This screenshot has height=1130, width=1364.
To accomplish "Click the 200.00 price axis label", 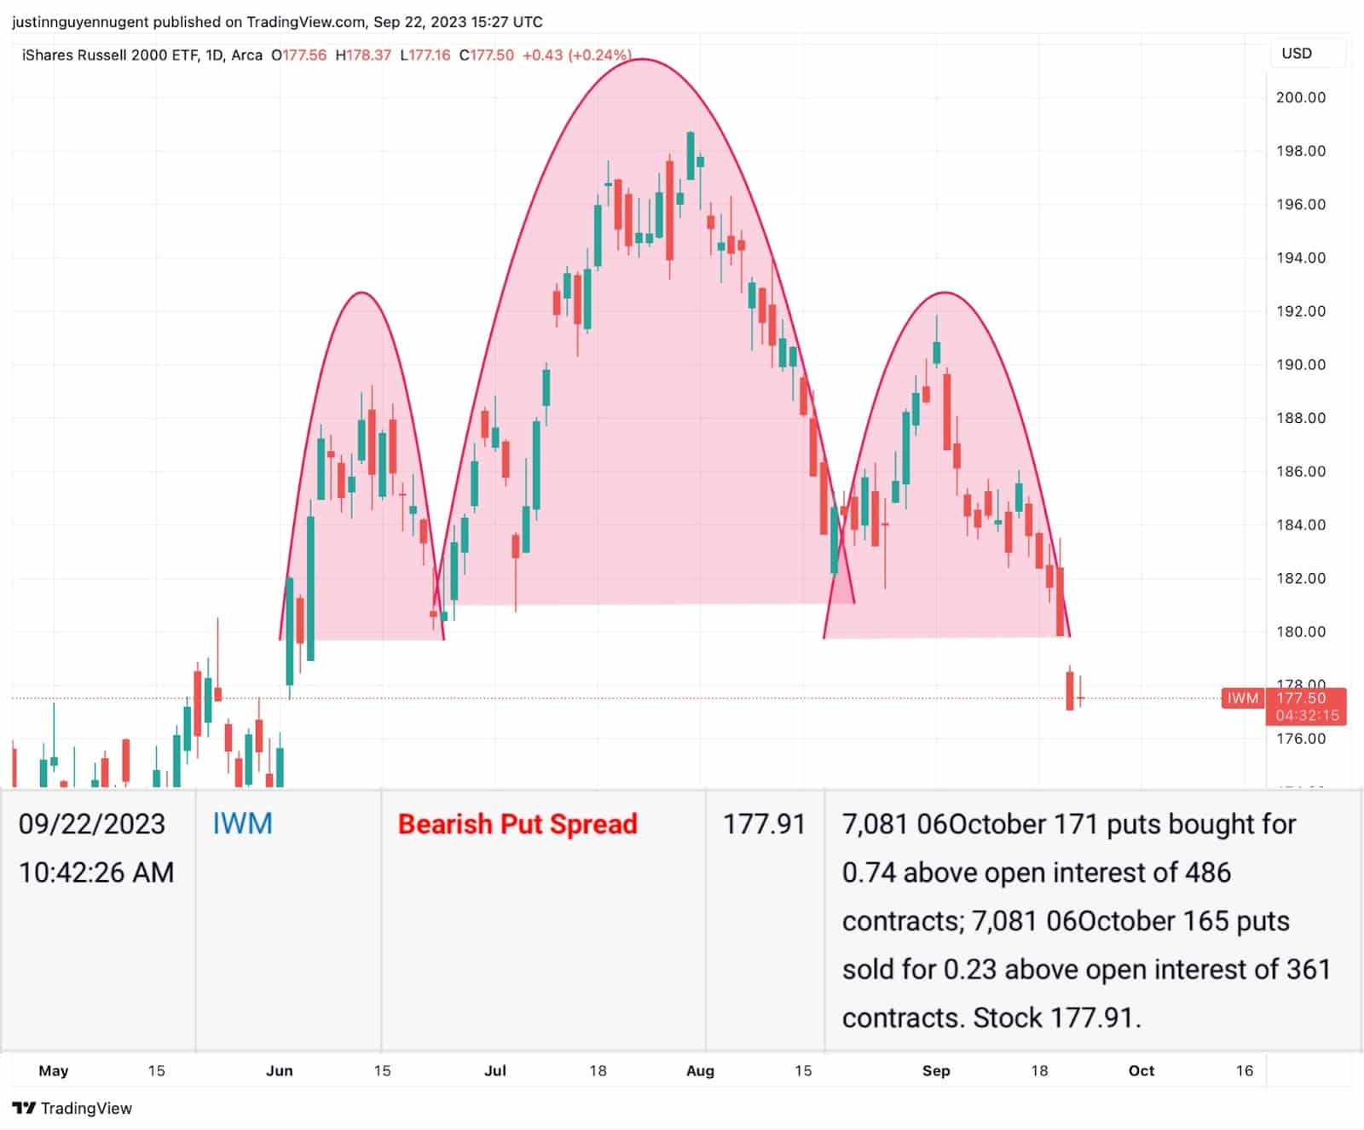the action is click(x=1300, y=97).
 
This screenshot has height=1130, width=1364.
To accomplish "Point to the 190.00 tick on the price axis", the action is click(x=1300, y=364).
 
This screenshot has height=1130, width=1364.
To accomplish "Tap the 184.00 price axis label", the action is click(x=1300, y=524).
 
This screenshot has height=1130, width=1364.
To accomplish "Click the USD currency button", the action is click(x=1297, y=53).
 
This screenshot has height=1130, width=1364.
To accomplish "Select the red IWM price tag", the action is click(x=1242, y=698).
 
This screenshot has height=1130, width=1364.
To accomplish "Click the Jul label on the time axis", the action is click(x=494, y=1070).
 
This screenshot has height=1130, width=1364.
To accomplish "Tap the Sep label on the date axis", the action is click(x=936, y=1070).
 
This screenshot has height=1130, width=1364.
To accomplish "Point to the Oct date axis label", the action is click(x=1141, y=1070).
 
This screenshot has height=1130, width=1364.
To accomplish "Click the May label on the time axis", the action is click(x=53, y=1070).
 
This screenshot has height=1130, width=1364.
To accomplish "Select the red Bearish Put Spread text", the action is click(x=517, y=824).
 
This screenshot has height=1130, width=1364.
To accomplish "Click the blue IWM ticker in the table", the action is click(x=242, y=824).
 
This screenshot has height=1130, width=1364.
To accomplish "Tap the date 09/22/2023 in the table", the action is click(x=92, y=824).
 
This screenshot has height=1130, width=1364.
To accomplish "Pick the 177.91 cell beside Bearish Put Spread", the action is click(x=764, y=824).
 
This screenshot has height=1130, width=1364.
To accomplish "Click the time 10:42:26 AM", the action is click(x=96, y=872).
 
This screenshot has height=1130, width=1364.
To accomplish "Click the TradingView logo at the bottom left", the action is click(x=72, y=1108).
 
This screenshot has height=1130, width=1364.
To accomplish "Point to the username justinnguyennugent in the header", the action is click(x=80, y=21).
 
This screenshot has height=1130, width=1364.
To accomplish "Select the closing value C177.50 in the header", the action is click(x=486, y=55).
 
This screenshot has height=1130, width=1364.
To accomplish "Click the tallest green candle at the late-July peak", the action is click(x=691, y=155).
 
